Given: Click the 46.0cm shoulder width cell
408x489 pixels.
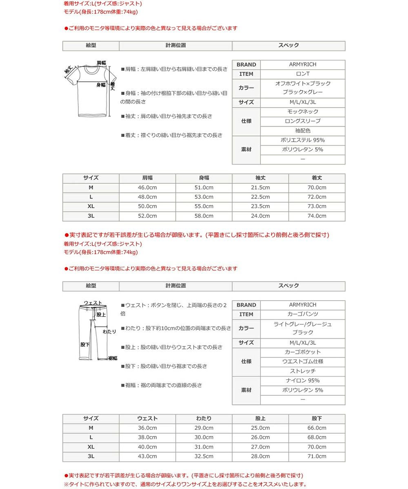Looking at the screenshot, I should (x=147, y=187).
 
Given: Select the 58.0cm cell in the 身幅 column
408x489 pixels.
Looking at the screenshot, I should (x=204, y=216).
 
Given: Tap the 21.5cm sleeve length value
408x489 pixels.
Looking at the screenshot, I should (x=260, y=187).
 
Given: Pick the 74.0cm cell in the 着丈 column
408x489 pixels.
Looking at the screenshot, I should (x=317, y=216).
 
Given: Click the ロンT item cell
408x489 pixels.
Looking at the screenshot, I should (x=303, y=74).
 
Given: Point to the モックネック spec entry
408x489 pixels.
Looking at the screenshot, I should (x=303, y=112).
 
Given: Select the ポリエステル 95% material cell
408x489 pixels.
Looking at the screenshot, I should (x=303, y=140).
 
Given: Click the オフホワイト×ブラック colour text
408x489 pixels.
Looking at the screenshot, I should (x=303, y=84).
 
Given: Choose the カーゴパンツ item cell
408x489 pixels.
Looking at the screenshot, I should (x=303, y=314).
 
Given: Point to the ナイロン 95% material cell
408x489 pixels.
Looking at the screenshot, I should (x=303, y=381).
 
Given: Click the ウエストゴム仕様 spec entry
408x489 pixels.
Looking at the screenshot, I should (x=303, y=361).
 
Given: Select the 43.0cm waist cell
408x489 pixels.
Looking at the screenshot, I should (x=147, y=456).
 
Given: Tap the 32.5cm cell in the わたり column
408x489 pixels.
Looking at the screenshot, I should (x=204, y=456).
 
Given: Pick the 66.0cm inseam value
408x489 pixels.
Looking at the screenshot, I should (x=317, y=428).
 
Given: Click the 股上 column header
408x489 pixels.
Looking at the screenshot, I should (x=260, y=419).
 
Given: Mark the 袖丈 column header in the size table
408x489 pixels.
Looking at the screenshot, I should (x=260, y=178).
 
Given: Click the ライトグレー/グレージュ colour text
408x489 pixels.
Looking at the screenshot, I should (x=303, y=324).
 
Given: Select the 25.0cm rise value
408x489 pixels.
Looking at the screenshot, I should (x=260, y=428).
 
